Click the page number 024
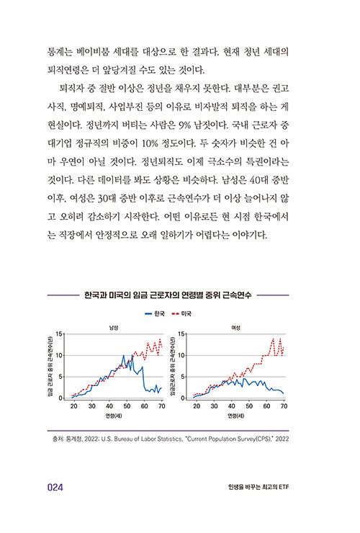click(x=55, y=488)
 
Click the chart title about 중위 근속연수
click(x=168, y=295)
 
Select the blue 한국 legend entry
click(x=155, y=313)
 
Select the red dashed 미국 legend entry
click(x=182, y=313)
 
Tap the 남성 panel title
click(x=113, y=328)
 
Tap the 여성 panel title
click(x=235, y=328)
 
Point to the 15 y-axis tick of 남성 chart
click(x=60, y=334)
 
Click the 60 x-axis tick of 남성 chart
click(x=144, y=406)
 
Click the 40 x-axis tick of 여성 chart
click(x=232, y=406)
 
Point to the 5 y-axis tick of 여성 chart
click(x=183, y=377)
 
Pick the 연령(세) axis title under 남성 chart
click(x=113, y=416)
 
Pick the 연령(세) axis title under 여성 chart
click(x=235, y=416)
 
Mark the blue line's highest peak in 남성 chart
click(x=124, y=356)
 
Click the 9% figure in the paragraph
click(x=184, y=125)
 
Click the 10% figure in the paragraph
click(x=150, y=143)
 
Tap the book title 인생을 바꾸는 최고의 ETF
click(x=258, y=487)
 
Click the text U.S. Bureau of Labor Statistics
click(x=142, y=439)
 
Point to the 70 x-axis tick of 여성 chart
click(x=284, y=406)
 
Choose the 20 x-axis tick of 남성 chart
click(x=73, y=406)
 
